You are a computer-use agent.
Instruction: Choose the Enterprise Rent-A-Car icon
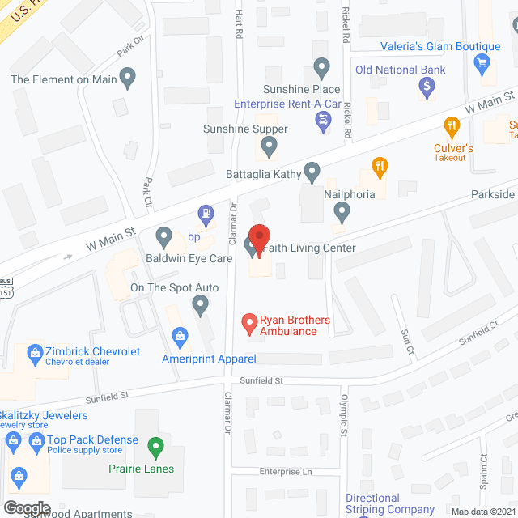point(323,121)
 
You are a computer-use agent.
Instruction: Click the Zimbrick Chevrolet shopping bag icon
point(35,352)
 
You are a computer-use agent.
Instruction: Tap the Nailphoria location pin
point(342,212)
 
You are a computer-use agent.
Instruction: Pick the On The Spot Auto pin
point(201,305)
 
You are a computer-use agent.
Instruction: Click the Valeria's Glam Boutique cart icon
point(483,62)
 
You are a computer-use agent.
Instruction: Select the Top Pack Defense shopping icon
point(13,440)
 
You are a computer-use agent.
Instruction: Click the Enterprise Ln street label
point(286,471)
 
